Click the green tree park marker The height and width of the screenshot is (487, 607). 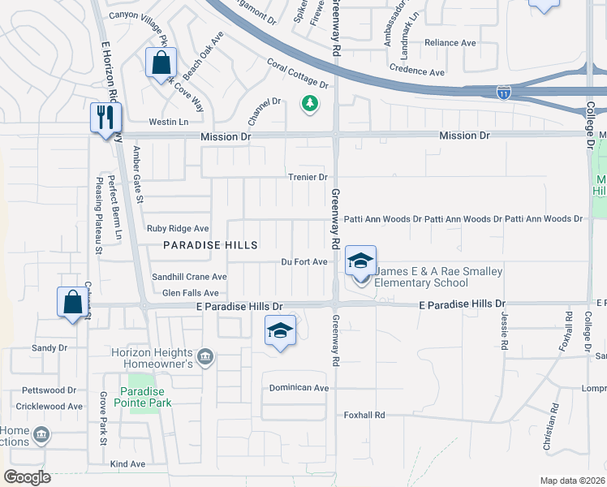pyautogui.click(x=309, y=103)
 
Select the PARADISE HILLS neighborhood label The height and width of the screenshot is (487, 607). pyautogui.click(x=210, y=245)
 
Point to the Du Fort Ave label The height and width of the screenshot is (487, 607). pyautogui.click(x=304, y=261)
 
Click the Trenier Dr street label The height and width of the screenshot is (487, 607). pyautogui.click(x=308, y=177)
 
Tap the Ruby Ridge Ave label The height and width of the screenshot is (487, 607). pyautogui.click(x=178, y=229)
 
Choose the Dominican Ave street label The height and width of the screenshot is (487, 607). pyautogui.click(x=299, y=388)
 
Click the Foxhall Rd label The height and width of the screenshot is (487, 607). pyautogui.click(x=362, y=415)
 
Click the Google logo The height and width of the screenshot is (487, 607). pyautogui.click(x=27, y=477)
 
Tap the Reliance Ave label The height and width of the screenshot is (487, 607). pyautogui.click(x=450, y=42)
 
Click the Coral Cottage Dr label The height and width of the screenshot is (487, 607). pyautogui.click(x=297, y=74)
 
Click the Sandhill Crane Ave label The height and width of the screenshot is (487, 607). pyautogui.click(x=189, y=277)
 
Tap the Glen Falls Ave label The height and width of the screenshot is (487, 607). pyautogui.click(x=191, y=293)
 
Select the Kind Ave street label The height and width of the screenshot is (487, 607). pyautogui.click(x=127, y=464)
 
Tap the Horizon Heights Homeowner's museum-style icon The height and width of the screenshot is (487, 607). pyautogui.click(x=204, y=356)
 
